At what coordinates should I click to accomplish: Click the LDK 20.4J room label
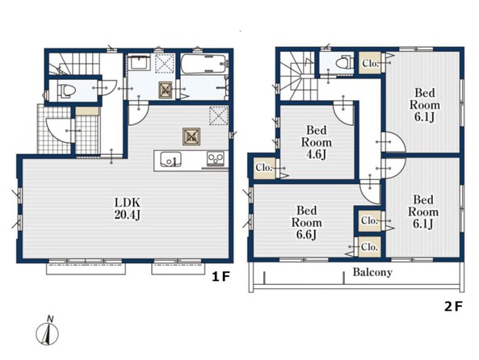[x=128, y=208]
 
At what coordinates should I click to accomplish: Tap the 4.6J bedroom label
[x=317, y=142]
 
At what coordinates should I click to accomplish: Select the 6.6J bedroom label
[x=306, y=223]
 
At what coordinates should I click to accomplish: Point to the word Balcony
[x=372, y=272]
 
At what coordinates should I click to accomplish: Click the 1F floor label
[x=221, y=277]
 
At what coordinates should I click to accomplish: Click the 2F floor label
[x=453, y=306]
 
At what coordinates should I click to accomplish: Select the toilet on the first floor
[x=66, y=90]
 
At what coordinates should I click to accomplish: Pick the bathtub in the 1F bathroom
[x=204, y=64]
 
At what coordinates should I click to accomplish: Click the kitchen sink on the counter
[x=170, y=159]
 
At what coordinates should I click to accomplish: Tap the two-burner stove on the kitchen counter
[x=216, y=159]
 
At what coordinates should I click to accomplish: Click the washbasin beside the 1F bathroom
[x=139, y=62]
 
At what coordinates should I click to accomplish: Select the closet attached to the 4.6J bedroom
[x=265, y=168]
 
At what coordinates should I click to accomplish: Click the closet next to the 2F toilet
[x=370, y=63]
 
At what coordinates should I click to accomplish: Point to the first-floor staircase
[x=74, y=64]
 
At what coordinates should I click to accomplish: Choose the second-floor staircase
[x=297, y=76]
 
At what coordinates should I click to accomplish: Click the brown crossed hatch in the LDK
[x=191, y=136]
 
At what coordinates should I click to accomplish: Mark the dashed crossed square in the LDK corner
[x=219, y=115]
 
